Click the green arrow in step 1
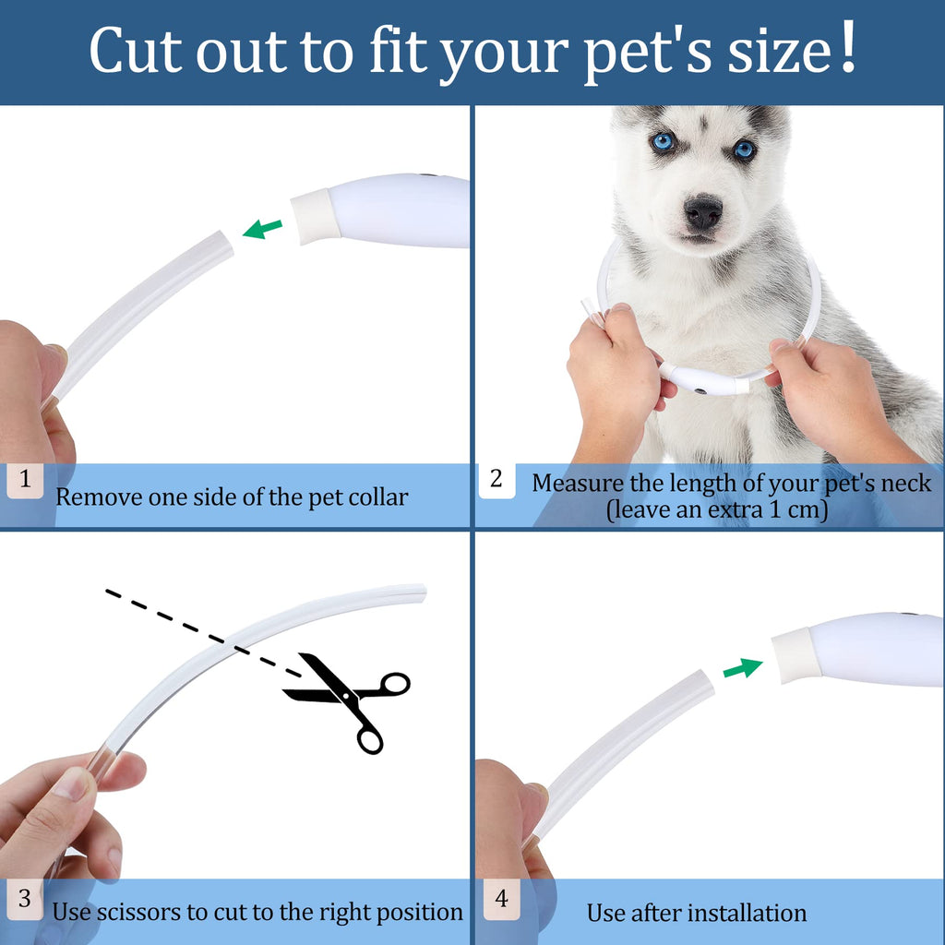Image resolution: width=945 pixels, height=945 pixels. [262, 229]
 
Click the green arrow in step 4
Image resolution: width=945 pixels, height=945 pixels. [743, 668]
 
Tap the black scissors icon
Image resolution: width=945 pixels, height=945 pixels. [348, 701]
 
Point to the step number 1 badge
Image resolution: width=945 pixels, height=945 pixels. [25, 480]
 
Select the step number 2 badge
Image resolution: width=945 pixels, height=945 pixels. [496, 480]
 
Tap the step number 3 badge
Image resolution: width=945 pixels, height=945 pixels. [25, 899]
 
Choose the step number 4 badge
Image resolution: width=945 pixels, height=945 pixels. [501, 899]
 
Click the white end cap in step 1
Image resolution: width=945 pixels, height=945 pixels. [316, 216]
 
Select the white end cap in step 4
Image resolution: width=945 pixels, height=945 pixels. [796, 655]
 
